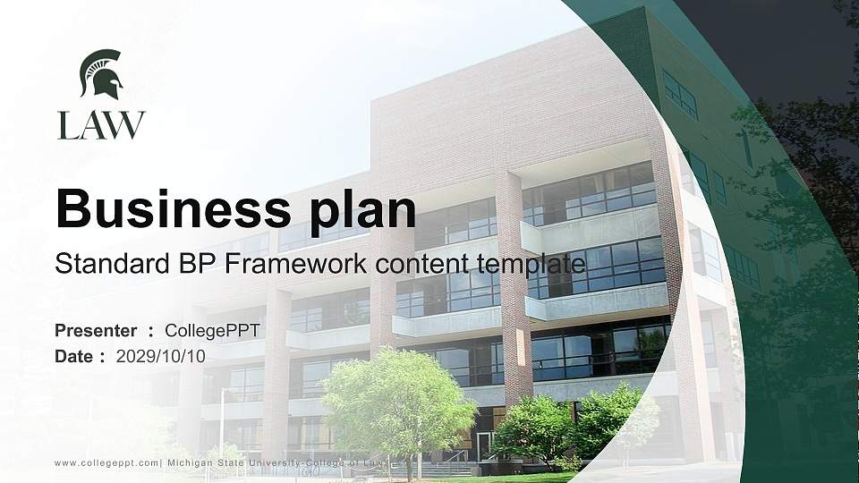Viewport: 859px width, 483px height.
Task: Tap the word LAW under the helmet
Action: tap(101, 125)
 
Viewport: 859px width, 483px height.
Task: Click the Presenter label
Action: tap(96, 331)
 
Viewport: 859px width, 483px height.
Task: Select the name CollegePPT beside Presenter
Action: tap(212, 331)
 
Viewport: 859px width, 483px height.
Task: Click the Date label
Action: tap(74, 356)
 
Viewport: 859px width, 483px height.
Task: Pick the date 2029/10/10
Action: tap(161, 356)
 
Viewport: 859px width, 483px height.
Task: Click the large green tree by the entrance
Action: tap(398, 402)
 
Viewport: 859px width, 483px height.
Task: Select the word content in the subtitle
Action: tap(425, 263)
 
